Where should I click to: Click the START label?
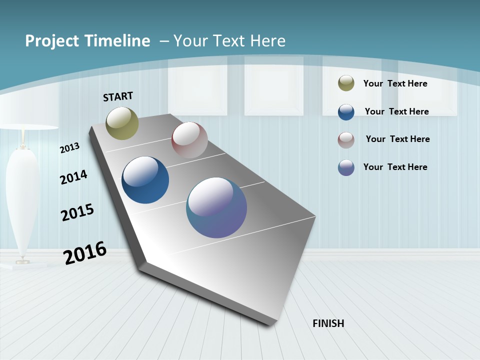tap(118, 96)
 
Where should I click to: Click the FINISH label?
tap(328, 323)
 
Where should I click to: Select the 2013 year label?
tap(69, 148)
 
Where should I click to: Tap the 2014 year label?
tap(73, 177)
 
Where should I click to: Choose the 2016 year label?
tap(85, 253)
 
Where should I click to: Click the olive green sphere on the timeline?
tap(122, 123)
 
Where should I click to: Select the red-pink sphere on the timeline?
tap(189, 139)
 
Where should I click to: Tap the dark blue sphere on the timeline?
tap(145, 180)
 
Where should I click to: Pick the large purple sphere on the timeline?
tap(216, 207)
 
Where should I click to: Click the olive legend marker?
tap(346, 83)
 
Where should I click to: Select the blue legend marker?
tap(346, 112)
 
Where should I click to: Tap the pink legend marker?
tap(346, 140)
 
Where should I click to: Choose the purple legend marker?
tap(346, 167)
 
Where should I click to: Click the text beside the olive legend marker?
tap(395, 83)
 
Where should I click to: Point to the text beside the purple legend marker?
tap(395, 167)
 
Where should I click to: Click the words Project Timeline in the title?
tap(87, 41)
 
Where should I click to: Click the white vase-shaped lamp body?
tap(22, 200)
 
